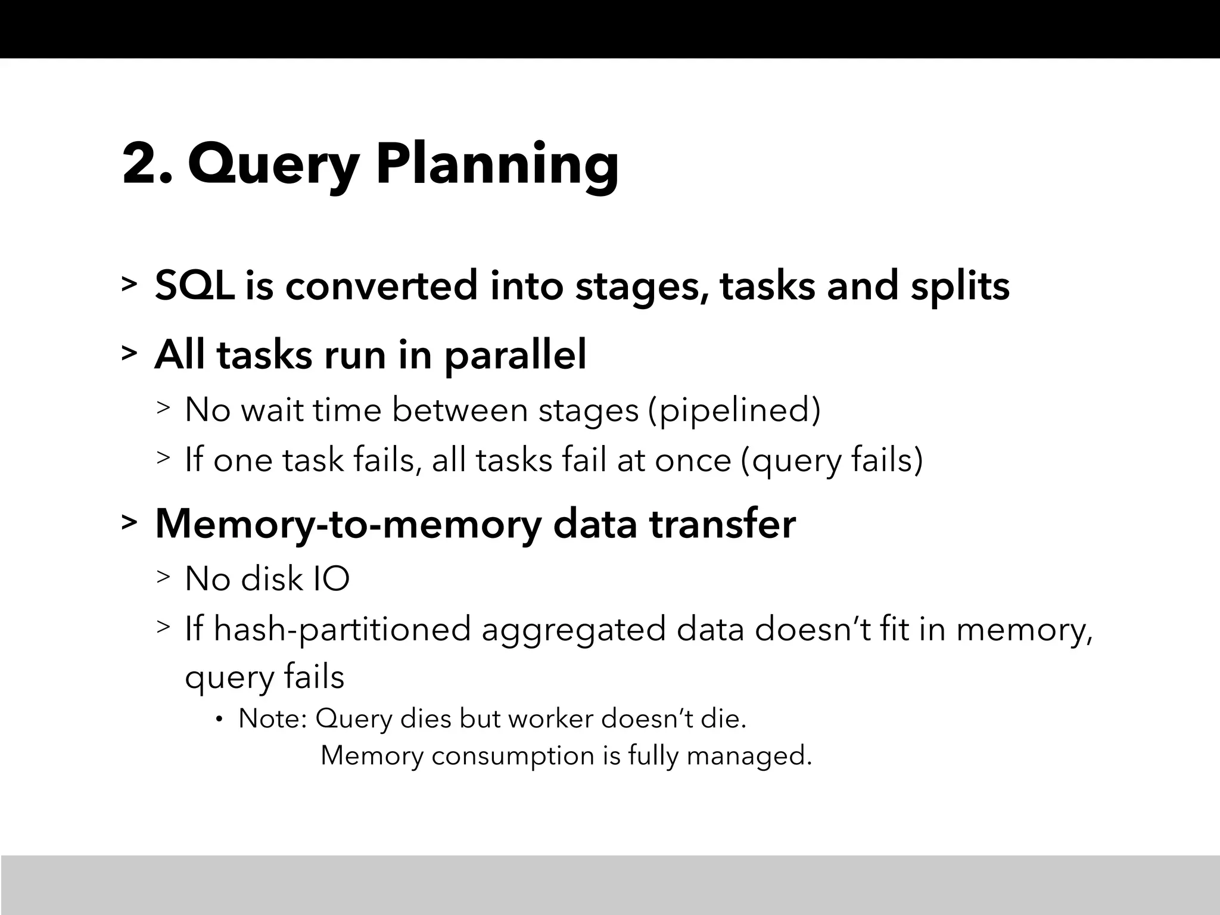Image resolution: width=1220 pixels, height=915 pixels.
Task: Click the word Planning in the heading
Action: (497, 167)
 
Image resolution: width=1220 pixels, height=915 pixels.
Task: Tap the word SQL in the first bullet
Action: (194, 285)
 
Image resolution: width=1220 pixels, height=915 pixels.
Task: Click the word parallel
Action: (515, 356)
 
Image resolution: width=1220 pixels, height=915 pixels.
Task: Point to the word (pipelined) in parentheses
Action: (734, 411)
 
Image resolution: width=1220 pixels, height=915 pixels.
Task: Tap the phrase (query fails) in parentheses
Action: (832, 461)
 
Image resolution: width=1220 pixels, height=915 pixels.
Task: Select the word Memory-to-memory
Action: (348, 524)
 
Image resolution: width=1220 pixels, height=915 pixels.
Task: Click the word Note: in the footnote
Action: (272, 719)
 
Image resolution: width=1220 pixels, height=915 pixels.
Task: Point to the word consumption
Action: (513, 756)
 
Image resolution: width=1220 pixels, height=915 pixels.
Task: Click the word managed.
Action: (749, 757)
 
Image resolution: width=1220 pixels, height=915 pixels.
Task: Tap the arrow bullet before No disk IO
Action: (163, 577)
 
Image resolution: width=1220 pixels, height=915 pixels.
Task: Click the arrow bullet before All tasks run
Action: (129, 353)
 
